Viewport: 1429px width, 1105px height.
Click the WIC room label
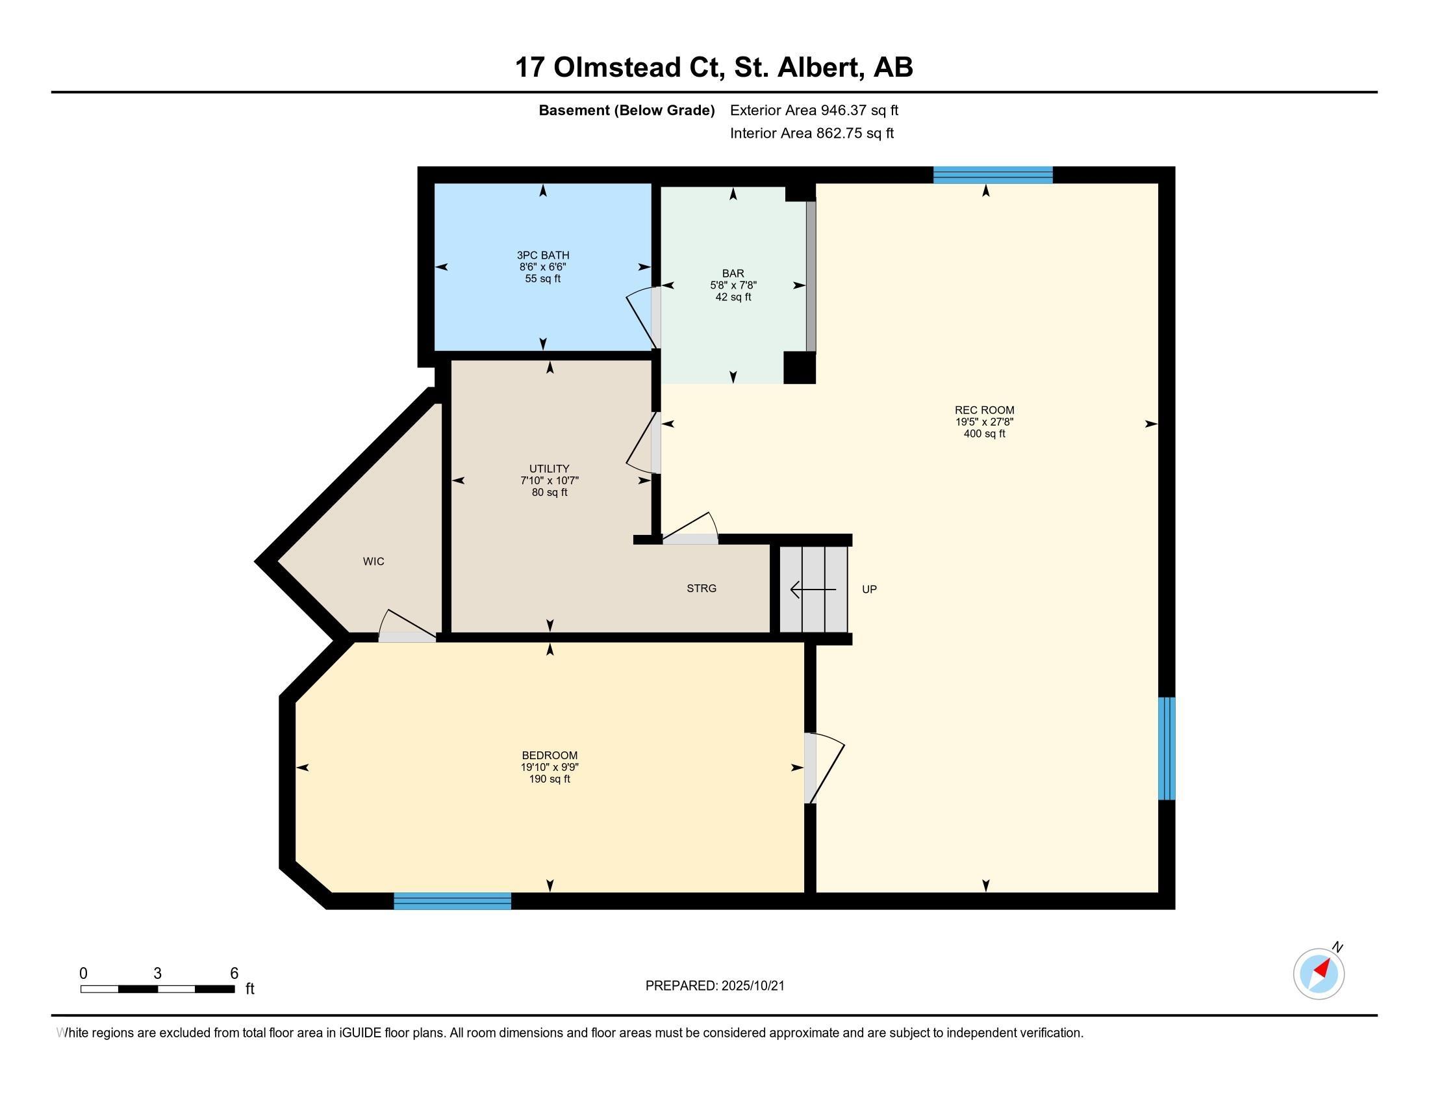click(x=373, y=561)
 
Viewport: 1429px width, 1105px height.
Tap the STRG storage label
click(x=702, y=588)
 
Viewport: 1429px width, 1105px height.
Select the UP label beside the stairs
click(x=869, y=589)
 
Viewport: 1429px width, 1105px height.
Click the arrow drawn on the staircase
click(x=813, y=590)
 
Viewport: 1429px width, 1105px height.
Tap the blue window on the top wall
click(x=993, y=175)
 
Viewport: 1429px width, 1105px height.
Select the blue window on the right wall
click(x=1167, y=748)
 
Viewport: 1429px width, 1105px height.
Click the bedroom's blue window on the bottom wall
click(x=452, y=901)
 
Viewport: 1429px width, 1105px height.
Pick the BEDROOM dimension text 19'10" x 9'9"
click(x=550, y=767)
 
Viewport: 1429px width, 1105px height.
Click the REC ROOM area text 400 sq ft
click(x=984, y=434)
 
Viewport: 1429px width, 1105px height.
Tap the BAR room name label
click(x=733, y=274)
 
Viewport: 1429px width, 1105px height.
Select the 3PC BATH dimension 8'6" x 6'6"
click(x=542, y=267)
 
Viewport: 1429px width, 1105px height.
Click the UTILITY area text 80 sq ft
click(x=550, y=492)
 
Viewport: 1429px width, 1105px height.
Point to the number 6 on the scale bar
click(x=234, y=974)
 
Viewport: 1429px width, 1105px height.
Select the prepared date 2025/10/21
click(x=752, y=986)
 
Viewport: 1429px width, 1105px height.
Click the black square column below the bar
click(x=800, y=367)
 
